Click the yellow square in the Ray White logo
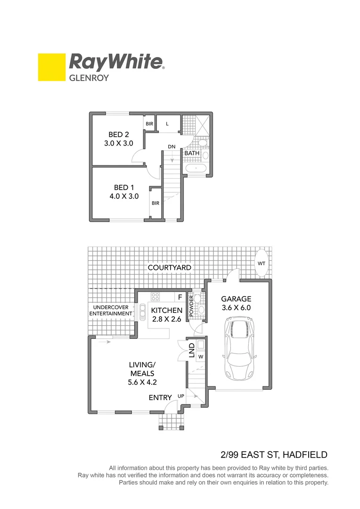51,67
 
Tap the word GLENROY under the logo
89,78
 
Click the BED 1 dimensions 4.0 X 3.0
123,197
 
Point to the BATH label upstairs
192,153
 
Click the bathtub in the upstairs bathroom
196,168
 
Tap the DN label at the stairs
172,147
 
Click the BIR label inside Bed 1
155,203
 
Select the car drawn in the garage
240,348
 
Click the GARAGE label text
237,299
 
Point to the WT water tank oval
262,263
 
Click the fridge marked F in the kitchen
180,297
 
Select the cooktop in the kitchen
155,297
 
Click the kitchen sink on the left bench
142,311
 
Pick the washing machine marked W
200,357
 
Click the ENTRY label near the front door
160,398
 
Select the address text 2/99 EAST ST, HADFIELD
274,455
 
